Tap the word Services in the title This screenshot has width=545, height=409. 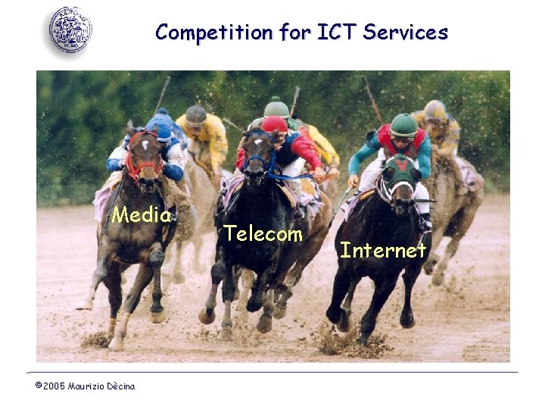406,33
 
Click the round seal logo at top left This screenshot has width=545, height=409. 70,30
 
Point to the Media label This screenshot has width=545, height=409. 142,215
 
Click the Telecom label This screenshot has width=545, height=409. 263,234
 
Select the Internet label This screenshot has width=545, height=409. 383,250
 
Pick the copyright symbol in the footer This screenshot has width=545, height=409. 39,386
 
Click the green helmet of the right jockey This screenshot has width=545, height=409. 403,124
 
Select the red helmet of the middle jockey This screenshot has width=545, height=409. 274,124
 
